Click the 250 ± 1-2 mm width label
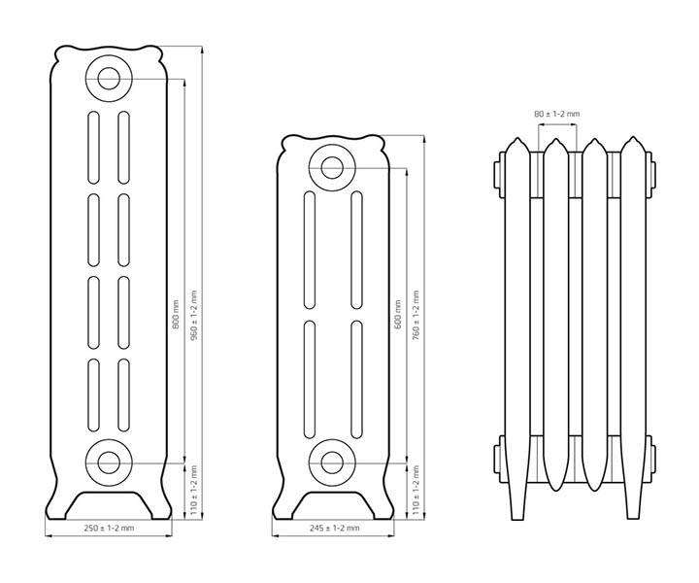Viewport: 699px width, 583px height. (109, 529)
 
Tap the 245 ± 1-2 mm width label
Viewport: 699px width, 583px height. (334, 529)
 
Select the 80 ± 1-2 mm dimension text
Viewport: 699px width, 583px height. (557, 114)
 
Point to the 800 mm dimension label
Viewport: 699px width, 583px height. (176, 315)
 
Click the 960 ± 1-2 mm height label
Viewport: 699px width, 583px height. (193, 315)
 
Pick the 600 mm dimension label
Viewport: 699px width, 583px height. (399, 315)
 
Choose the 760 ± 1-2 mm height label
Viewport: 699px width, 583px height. (416, 315)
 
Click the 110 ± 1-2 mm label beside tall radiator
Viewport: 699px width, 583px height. (193, 491)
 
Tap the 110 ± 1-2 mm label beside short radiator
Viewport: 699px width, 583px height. (416, 491)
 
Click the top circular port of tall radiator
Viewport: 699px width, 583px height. (109, 79)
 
